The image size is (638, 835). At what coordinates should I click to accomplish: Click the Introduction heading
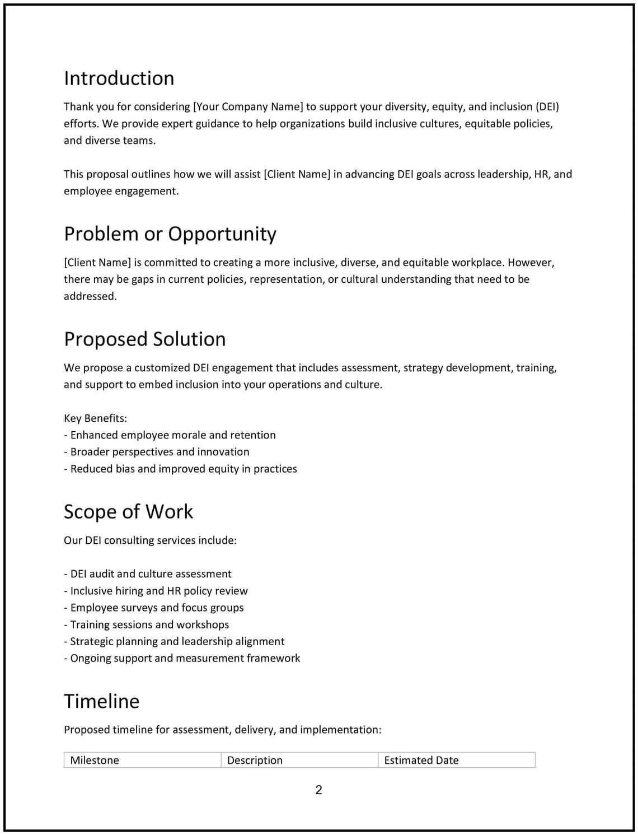click(x=119, y=78)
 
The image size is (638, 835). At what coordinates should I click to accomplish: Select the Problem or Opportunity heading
click(x=170, y=234)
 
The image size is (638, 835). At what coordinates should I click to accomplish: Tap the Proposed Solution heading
click(x=145, y=339)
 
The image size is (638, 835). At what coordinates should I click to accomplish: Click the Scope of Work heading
click(x=128, y=512)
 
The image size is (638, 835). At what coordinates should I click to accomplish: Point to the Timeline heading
click(x=101, y=701)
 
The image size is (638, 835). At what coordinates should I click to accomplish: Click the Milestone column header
click(x=95, y=761)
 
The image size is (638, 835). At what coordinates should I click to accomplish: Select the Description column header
click(x=255, y=761)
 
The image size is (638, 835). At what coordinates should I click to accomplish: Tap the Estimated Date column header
click(x=421, y=761)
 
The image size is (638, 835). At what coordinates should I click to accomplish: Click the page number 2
click(x=318, y=790)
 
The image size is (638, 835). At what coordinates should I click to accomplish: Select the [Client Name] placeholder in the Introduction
click(x=297, y=174)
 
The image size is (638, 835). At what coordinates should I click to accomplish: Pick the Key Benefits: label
click(x=95, y=418)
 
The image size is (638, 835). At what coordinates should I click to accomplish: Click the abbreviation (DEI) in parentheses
click(x=547, y=107)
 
